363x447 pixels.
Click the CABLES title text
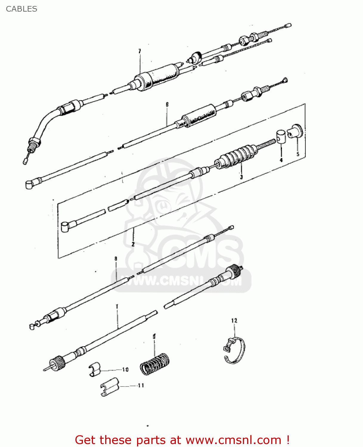[21, 9]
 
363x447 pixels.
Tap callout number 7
[139, 51]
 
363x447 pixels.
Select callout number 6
[167, 105]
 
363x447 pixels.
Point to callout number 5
[298, 154]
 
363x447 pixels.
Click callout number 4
[281, 160]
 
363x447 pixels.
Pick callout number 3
[241, 177]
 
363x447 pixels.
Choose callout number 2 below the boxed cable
[133, 244]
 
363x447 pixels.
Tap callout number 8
[116, 259]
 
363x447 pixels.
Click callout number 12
[234, 321]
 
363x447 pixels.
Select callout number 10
[125, 370]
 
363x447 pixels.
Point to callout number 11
[141, 386]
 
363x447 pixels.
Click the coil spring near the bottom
[155, 364]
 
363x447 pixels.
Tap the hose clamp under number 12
[235, 351]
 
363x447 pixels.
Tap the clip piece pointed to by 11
[109, 387]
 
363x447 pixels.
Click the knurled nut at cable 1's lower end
[58, 363]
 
